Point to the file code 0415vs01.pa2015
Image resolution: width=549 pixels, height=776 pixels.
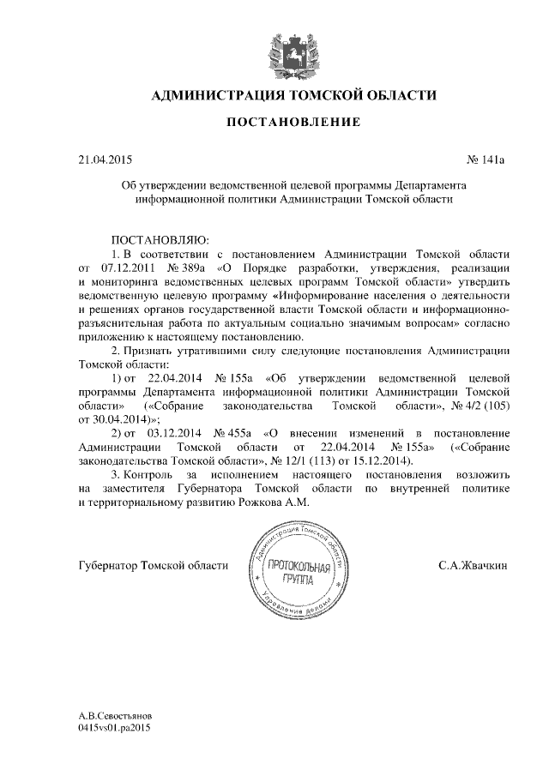tap(114, 728)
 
